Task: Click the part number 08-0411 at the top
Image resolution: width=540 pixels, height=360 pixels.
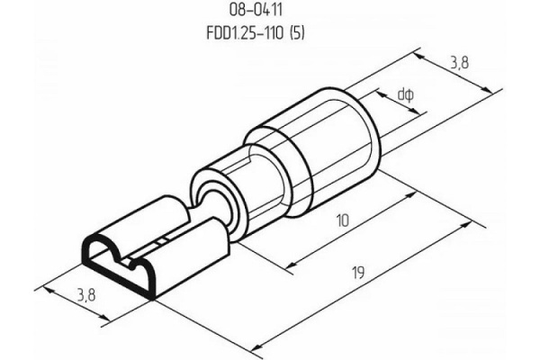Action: tap(256, 10)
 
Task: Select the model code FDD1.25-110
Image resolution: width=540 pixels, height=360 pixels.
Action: tap(245, 33)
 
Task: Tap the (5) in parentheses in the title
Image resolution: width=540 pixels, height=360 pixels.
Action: tap(298, 33)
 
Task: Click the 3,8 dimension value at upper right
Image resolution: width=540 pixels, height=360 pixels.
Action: tap(459, 63)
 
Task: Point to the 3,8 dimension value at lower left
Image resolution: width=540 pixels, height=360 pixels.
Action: tap(86, 295)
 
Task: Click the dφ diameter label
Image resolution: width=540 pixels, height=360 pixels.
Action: tap(405, 94)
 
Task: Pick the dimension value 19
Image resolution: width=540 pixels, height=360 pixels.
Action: tap(358, 273)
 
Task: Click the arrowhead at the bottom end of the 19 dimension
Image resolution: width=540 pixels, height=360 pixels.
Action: tap(256, 346)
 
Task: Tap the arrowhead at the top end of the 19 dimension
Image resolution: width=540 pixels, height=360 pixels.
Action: tap(465, 226)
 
